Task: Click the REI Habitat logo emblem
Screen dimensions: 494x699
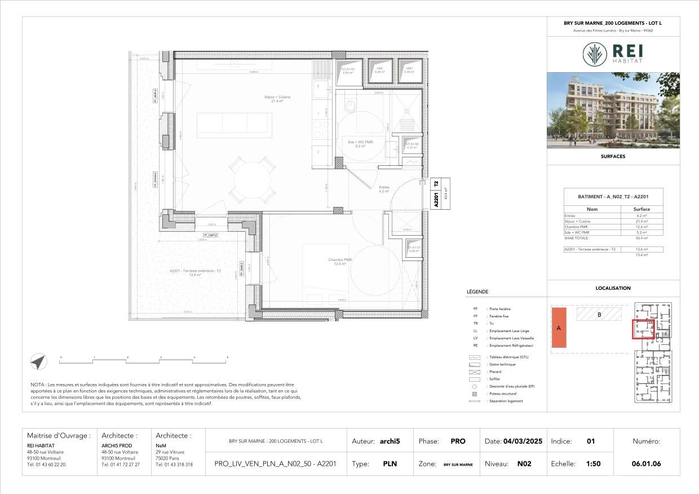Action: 595,54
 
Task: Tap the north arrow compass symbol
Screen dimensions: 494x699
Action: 38,362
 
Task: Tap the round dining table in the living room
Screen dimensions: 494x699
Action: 249,180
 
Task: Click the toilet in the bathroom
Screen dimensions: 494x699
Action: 351,105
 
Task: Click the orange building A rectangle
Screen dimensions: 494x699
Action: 559,328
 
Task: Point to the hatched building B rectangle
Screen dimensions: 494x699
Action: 599,314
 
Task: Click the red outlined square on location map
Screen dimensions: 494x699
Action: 643,329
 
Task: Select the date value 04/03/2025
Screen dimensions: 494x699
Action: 523,442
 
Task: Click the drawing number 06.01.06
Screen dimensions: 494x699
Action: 646,464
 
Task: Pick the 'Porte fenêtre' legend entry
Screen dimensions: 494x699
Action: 500,309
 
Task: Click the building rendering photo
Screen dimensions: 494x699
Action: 613,110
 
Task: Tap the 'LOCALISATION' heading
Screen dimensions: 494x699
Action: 613,288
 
